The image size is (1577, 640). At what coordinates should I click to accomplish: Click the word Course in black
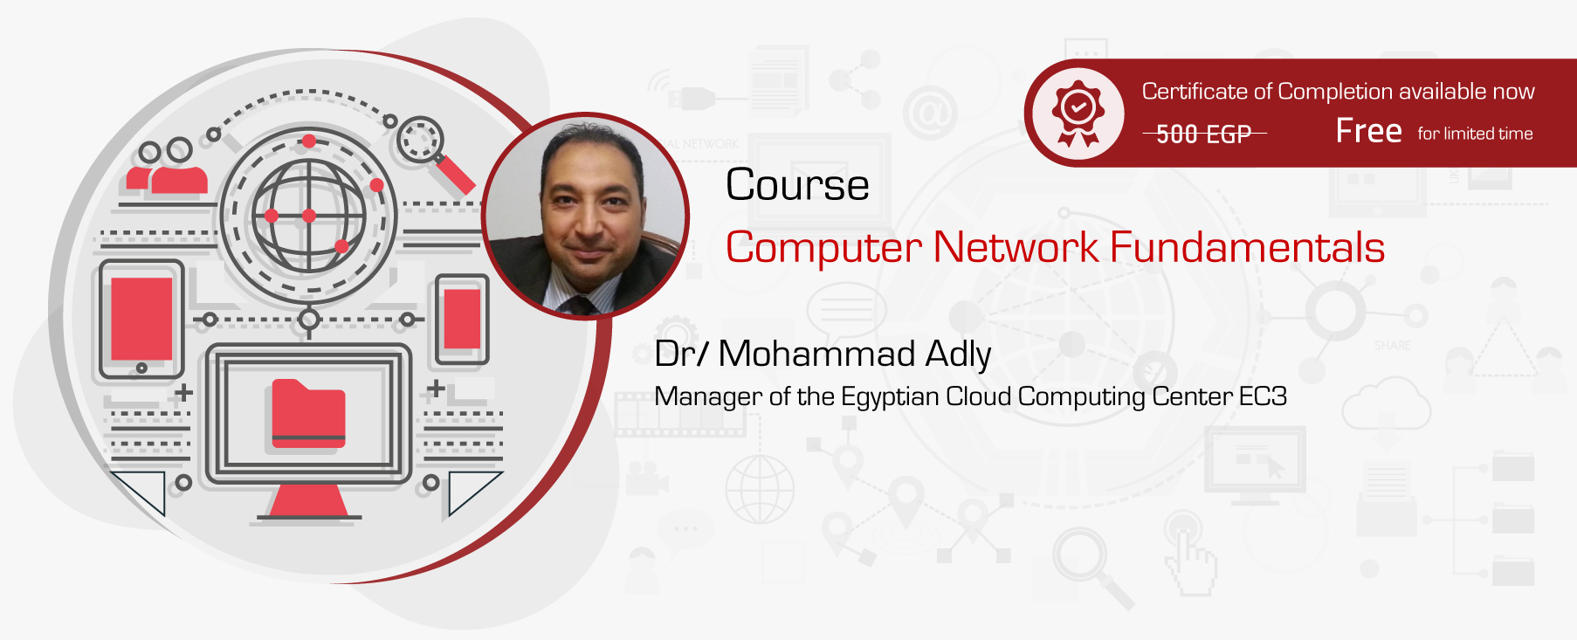797,185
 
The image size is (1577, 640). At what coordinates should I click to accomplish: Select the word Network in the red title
1016,247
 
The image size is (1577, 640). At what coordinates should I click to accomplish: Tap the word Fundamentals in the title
1247,247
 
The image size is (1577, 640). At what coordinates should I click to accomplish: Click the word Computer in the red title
823,249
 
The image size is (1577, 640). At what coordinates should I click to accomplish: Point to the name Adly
958,354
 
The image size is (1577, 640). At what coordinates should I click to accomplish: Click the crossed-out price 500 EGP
1203,134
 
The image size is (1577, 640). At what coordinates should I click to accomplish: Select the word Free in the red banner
1368,131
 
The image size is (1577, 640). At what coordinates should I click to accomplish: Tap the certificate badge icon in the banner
1078,113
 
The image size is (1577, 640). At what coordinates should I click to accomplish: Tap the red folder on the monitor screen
308,413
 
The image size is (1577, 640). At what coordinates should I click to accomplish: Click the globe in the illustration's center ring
308,216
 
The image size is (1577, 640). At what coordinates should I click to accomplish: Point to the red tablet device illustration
141,319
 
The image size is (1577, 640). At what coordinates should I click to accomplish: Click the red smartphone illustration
462,319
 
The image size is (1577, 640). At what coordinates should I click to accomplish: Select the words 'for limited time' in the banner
1475,134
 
